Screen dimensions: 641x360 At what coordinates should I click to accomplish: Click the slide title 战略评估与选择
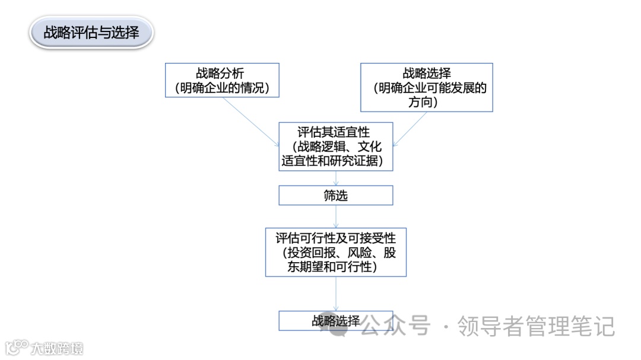pos(91,32)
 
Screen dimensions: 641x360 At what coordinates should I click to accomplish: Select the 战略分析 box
pos(222,80)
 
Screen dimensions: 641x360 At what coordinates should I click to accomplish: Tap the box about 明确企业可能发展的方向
pos(427,87)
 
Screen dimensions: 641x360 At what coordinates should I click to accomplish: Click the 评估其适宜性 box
pos(336,146)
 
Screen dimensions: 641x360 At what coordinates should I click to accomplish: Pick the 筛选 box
pos(336,196)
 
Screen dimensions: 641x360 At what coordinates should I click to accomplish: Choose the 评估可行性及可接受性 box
pos(336,253)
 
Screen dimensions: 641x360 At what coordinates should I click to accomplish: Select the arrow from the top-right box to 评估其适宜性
pos(410,128)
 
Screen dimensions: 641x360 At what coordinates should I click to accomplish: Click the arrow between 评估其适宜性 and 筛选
pos(336,178)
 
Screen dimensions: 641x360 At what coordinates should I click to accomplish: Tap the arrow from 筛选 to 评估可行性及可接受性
pos(336,216)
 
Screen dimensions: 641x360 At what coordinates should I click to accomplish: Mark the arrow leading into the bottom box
pos(336,294)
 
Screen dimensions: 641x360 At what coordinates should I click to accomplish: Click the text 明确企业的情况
pos(222,88)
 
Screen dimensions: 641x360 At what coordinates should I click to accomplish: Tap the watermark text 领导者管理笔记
pos(536,326)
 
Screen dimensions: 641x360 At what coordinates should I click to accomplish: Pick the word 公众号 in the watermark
pos(395,326)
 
